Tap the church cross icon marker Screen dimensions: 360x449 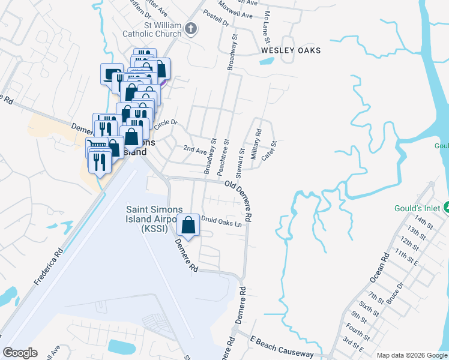pos(191,29)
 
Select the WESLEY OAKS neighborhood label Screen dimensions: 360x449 pos(291,51)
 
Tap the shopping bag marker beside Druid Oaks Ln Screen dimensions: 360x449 pos(189,226)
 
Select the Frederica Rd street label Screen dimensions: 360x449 pos(49,265)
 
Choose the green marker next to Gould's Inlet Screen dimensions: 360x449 pos(446,208)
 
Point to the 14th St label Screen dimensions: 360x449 pos(423,221)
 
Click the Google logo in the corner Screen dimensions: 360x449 pos(20,352)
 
